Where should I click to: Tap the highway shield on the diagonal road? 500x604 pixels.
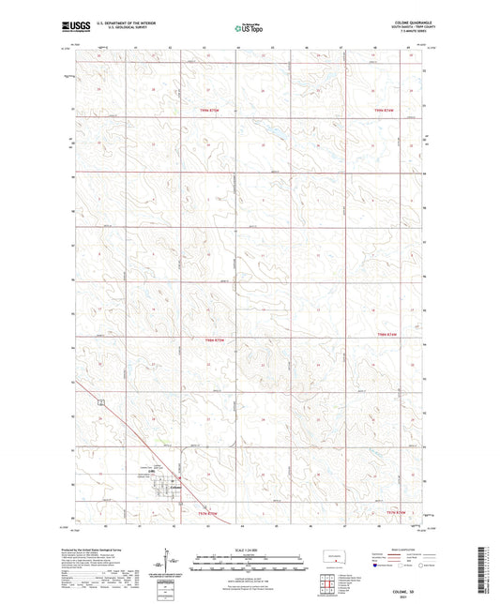(100, 402)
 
